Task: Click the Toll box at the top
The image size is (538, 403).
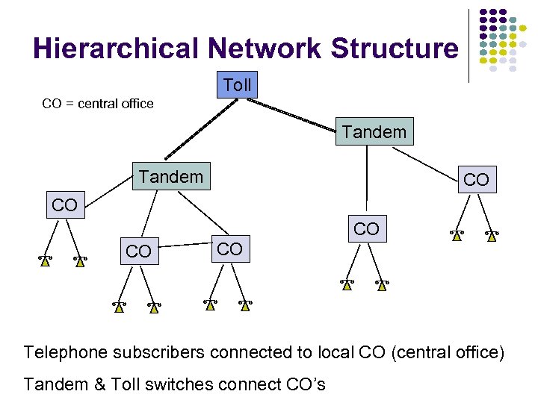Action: (237, 85)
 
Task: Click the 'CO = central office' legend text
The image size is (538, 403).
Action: (98, 104)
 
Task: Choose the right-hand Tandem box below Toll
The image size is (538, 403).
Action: (374, 132)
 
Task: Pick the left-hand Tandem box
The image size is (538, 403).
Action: (171, 177)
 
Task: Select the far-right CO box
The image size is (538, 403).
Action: (476, 180)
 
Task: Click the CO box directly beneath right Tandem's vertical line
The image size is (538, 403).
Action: (366, 229)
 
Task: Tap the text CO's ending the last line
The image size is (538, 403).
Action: (306, 384)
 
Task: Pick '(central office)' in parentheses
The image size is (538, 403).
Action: (448, 352)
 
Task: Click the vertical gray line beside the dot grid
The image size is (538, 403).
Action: (469, 45)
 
